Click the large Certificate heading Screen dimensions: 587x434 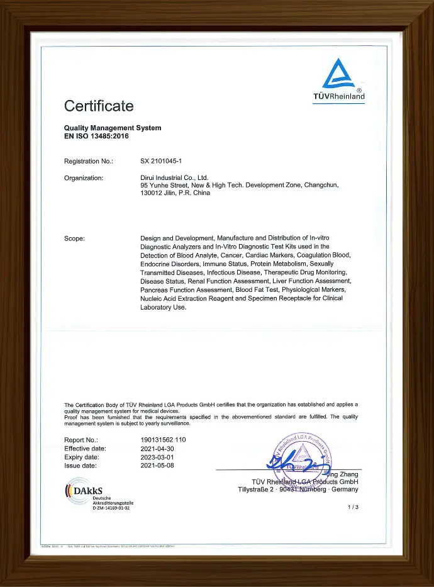pos(99,106)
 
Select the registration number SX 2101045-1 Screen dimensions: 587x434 pos(161,162)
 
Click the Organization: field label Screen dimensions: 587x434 pos(84,178)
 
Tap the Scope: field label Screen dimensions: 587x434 pos(74,238)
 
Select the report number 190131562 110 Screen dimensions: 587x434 pos(163,439)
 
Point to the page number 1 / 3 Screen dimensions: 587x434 pos(352,507)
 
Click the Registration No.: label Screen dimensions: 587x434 pos(89,162)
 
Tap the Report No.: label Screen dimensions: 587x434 pos(81,439)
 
